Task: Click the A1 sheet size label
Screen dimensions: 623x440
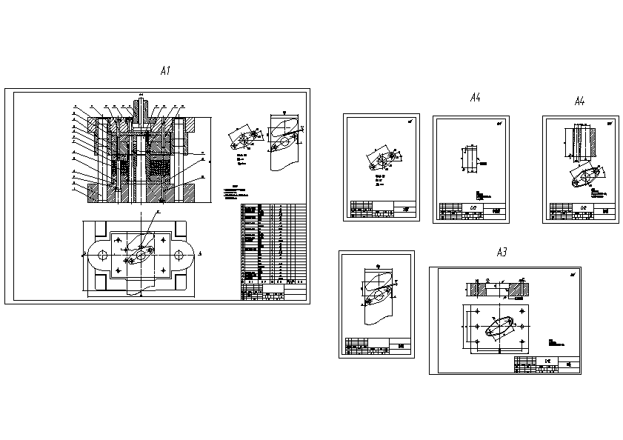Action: tap(165, 71)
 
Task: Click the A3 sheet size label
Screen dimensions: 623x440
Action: tap(501, 253)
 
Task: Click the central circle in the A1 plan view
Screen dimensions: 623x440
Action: tap(141, 255)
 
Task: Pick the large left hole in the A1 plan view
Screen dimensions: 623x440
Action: tap(102, 254)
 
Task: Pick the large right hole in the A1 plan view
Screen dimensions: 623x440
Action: tap(179, 254)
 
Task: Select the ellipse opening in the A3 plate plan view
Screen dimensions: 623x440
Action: tap(502, 326)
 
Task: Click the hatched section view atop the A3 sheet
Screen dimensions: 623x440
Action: tap(502, 287)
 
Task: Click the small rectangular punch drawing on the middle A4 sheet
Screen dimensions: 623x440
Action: tap(468, 159)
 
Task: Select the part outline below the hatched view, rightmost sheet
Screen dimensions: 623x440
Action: tap(585, 179)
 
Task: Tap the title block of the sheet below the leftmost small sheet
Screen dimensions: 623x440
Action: tap(376, 345)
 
